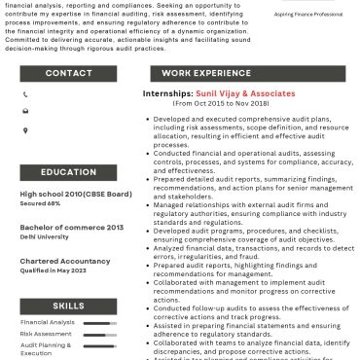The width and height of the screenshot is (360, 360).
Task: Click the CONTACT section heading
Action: [x=69, y=73]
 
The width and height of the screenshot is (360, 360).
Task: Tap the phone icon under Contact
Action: [x=25, y=94]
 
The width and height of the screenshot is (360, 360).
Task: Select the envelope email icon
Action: [x=25, y=111]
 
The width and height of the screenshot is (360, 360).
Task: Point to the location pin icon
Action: [x=25, y=128]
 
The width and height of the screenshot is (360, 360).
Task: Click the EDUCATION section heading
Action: [x=69, y=172]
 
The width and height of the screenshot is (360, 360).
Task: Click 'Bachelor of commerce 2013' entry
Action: [x=71, y=227]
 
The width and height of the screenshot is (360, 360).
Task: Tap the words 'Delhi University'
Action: [x=46, y=235]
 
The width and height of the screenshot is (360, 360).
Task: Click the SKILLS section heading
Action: [x=69, y=305]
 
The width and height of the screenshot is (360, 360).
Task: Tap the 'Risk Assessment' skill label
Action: [x=46, y=334]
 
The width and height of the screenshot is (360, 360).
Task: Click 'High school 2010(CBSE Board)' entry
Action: [x=76, y=195]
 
